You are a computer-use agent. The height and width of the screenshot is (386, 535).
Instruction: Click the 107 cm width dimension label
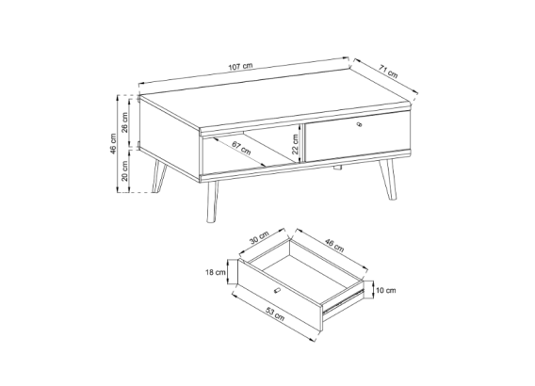pos(241,66)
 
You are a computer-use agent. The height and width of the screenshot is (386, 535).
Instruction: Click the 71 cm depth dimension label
pos(388,72)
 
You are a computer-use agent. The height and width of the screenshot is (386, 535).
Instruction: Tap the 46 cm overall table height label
pos(113,143)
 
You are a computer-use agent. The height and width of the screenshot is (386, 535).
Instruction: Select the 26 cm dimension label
pos(125,122)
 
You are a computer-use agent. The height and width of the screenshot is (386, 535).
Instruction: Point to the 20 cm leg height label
pos(125,171)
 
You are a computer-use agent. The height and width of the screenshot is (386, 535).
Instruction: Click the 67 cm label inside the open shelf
pos(241,148)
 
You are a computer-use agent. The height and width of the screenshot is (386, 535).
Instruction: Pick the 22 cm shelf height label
pos(295,143)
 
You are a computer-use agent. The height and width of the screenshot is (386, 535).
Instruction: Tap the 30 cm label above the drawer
pos(259,237)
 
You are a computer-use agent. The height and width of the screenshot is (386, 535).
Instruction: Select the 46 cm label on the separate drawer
pos(334,246)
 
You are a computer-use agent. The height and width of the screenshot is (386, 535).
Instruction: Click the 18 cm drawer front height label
pos(216,272)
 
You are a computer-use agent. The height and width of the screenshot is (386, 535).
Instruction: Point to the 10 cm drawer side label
pos(386,290)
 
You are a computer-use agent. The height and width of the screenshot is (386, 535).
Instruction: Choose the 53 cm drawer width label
pos(275,314)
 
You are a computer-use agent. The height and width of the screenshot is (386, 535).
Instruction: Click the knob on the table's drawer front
pos(359,124)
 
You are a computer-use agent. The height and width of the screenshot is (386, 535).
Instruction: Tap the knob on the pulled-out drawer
pos(277,291)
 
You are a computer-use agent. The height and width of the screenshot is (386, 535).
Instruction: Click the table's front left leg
pos(212,201)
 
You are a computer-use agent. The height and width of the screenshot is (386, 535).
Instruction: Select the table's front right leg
pos(387,180)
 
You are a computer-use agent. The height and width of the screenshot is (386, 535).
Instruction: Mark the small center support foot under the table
pos(338,168)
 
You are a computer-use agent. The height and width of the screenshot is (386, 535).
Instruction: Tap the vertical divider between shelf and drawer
pos(301,143)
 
